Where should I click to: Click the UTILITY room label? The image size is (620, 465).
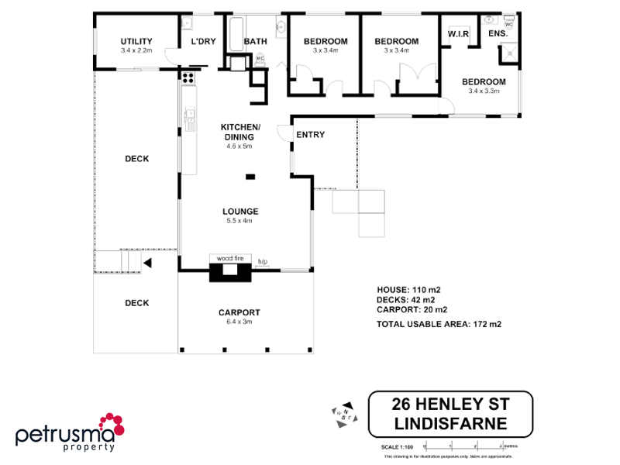(x=136, y=42)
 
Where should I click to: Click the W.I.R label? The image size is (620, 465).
(x=456, y=33)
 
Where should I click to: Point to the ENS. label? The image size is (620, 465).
(x=498, y=34)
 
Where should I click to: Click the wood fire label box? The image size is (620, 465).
(x=229, y=258)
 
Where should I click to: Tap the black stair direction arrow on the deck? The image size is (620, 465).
(x=146, y=263)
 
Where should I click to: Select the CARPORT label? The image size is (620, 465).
(x=239, y=312)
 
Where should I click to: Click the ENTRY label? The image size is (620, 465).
(x=310, y=134)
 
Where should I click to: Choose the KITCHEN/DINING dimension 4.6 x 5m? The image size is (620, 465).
(x=239, y=146)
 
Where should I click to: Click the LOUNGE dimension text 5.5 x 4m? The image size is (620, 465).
(x=239, y=220)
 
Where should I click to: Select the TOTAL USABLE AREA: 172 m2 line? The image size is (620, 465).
(x=439, y=324)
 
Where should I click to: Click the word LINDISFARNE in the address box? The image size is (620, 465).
(x=450, y=423)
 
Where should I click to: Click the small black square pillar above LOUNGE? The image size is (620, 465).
(x=250, y=177)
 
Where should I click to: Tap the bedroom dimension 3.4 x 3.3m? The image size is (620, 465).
(x=484, y=91)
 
